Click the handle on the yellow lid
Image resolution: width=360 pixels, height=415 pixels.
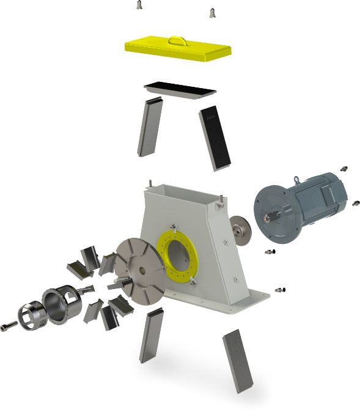[178, 40]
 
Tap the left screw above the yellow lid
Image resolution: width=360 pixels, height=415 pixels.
[140, 6]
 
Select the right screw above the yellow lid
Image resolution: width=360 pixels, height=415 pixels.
[213, 12]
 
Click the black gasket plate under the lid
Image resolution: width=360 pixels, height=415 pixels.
[180, 90]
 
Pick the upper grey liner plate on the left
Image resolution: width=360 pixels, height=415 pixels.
[149, 128]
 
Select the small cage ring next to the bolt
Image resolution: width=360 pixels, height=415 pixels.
[28, 313]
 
